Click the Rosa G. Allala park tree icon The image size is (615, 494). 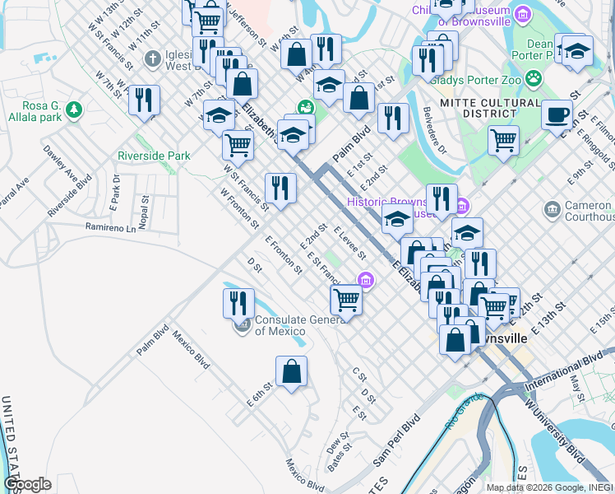point(74,108)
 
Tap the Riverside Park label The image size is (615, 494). point(154,156)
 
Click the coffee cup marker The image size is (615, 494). point(557,114)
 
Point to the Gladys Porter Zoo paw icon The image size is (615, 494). point(534,79)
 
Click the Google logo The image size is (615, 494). point(27,483)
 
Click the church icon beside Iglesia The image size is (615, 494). point(151,58)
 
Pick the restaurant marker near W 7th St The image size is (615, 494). point(144,100)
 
